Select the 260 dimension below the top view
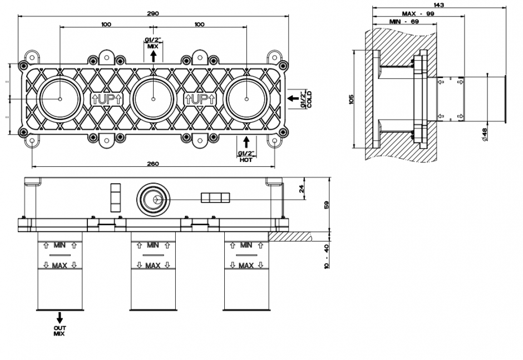pos(154,163)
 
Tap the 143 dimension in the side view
pos(438,4)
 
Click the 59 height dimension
pos(328,204)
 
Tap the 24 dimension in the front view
pos(303,189)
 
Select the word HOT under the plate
pos(245,160)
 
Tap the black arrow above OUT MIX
pos(59,318)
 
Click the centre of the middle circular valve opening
pos(153,99)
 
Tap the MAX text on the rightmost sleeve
pos(246,266)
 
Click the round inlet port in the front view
pos(153,198)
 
